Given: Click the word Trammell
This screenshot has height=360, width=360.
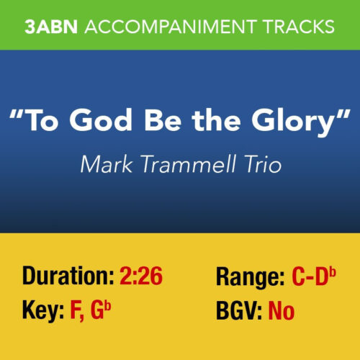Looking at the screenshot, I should [x=187, y=164].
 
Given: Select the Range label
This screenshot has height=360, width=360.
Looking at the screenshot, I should [x=248, y=275].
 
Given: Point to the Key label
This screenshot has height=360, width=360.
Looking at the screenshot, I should [x=40, y=312].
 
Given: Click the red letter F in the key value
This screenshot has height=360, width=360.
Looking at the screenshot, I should [x=74, y=312].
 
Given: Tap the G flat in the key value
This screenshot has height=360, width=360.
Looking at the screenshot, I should [x=102, y=312].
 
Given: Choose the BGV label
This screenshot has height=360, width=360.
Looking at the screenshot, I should [x=238, y=312].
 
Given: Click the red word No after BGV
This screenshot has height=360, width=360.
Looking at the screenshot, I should [x=282, y=312].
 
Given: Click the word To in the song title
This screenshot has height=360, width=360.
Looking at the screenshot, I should [x=50, y=122].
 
